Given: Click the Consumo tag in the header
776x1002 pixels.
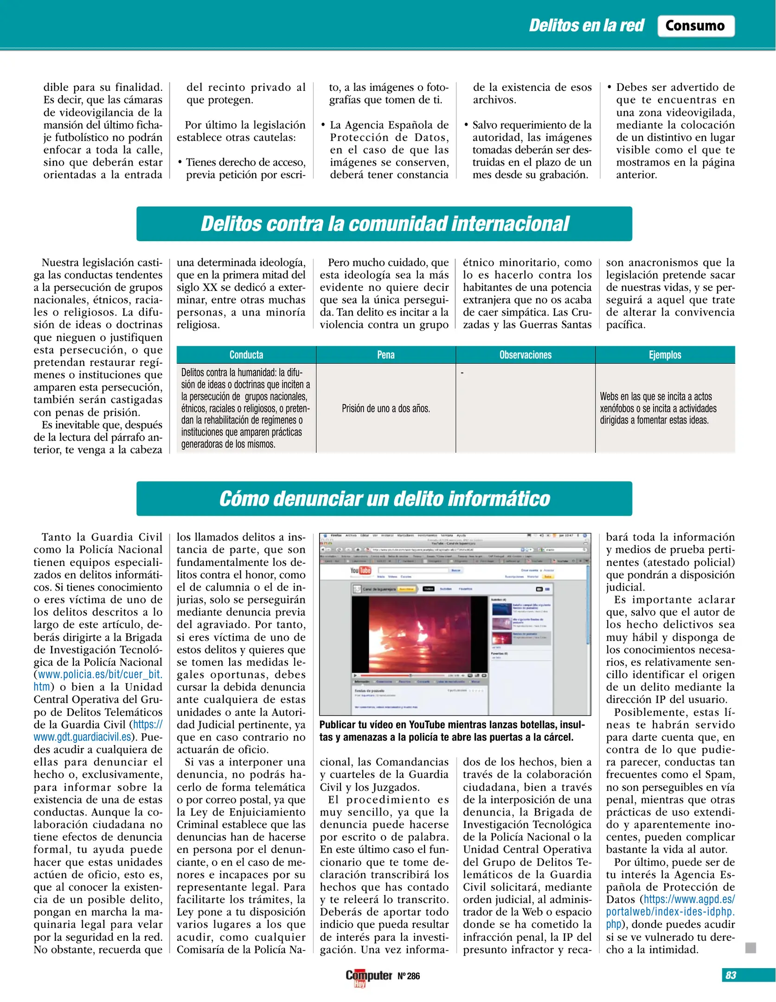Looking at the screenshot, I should (695, 26).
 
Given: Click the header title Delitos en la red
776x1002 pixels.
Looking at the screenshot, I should (586, 26).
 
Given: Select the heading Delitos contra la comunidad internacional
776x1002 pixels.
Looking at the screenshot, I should (384, 224).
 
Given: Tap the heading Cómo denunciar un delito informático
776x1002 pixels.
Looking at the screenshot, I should (384, 499).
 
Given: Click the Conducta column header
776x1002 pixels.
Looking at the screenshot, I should (246, 355).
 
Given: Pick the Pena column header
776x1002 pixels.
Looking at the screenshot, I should (386, 355).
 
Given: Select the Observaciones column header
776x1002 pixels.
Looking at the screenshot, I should (525, 355).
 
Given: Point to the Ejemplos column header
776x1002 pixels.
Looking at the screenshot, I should (665, 355).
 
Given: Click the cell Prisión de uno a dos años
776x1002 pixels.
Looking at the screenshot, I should (386, 409).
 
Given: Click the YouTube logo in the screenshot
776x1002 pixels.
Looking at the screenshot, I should (360, 570).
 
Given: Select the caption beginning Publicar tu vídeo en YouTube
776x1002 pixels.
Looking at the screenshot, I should (452, 731).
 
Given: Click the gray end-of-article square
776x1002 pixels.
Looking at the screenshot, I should (750, 947).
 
